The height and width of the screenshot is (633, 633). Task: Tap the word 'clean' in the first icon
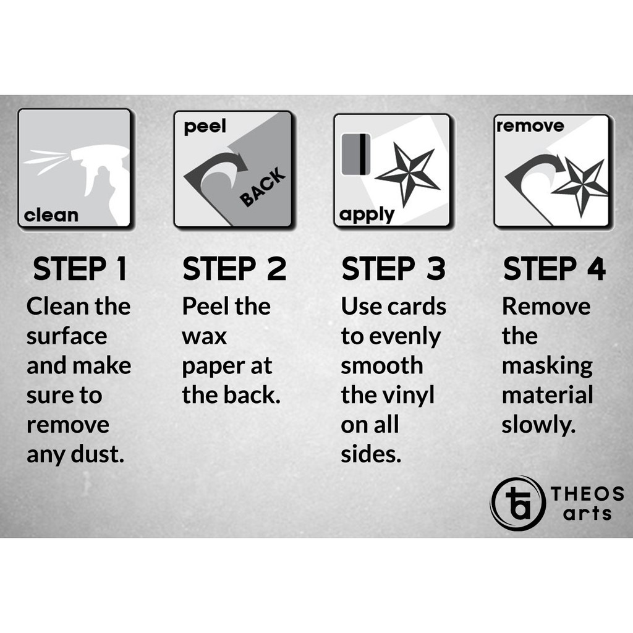tap(51, 215)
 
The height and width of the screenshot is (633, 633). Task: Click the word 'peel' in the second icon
tap(205, 127)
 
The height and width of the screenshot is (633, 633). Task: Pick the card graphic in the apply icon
tap(356, 155)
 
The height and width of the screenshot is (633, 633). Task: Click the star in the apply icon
tap(409, 174)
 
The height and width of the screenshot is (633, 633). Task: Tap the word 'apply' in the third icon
tap(367, 215)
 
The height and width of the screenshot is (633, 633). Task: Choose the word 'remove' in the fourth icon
tap(530, 126)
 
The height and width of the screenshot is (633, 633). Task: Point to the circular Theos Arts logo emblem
tap(517, 503)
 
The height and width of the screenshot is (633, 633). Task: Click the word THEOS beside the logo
tap(587, 494)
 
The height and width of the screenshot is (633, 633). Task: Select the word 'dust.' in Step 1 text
tap(97, 454)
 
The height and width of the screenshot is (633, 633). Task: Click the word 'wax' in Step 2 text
tap(204, 336)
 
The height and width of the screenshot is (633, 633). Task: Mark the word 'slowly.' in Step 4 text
tap(538, 425)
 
